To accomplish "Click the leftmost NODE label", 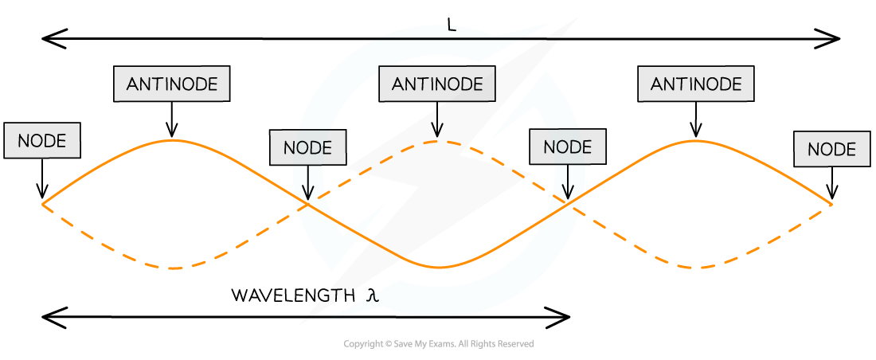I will pos(42,141).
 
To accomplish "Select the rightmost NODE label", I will pos(831,149).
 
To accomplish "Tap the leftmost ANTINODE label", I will pos(171,84).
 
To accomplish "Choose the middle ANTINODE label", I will pos(436,84).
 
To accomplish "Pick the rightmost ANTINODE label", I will pos(695,84).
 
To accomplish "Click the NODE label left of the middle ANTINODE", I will pos(307,147).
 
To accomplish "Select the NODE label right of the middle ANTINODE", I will pos(567,147).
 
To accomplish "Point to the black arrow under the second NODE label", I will pos(308,183).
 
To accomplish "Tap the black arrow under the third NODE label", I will pos(568,183).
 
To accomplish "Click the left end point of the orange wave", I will pos(43,205).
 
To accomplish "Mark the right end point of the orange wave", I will pos(831,205).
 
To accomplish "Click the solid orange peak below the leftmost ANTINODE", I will pos(174,140).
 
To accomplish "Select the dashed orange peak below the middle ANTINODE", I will pos(437,142).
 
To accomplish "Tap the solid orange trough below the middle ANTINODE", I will pos(438,267).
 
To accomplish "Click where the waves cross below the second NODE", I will pos(308,203).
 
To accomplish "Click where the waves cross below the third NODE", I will pos(569,203).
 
